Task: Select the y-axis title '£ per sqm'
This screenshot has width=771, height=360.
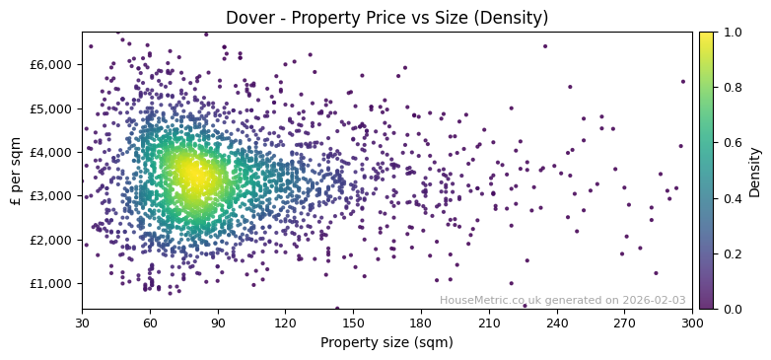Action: click(x=17, y=171)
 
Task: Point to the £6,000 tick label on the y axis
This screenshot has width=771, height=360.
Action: click(x=50, y=65)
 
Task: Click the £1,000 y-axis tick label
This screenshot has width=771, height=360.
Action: click(x=50, y=283)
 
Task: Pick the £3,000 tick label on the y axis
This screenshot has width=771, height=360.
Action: click(x=50, y=196)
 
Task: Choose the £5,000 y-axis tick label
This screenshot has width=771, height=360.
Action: click(x=50, y=108)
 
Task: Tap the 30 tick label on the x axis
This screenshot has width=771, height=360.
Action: click(x=82, y=323)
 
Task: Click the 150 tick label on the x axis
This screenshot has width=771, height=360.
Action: click(x=353, y=323)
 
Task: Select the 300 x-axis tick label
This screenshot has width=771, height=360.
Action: click(x=692, y=323)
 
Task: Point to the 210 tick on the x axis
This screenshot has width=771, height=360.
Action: click(x=489, y=323)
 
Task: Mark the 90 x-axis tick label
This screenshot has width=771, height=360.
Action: click(x=218, y=323)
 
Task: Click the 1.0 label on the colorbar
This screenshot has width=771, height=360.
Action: click(x=733, y=33)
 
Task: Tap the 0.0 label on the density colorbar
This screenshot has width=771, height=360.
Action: click(x=733, y=309)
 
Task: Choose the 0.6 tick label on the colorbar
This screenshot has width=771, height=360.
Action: click(x=733, y=143)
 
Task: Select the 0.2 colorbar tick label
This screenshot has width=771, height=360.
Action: click(x=733, y=253)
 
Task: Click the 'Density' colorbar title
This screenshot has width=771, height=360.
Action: click(x=755, y=171)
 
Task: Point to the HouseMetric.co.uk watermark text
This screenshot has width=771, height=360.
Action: click(x=562, y=301)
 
